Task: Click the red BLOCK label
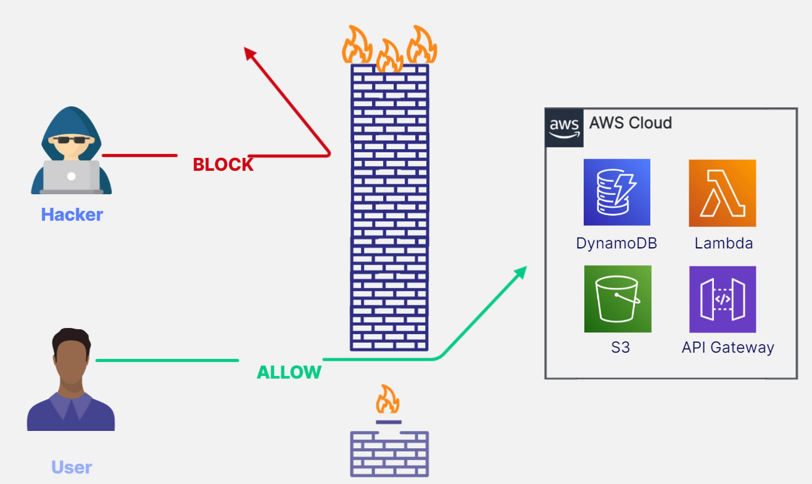click(x=223, y=165)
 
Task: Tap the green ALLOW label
click(x=289, y=372)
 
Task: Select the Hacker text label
click(x=72, y=215)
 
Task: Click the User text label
click(x=72, y=467)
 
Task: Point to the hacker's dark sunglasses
click(x=70, y=140)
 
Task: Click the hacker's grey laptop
click(x=72, y=176)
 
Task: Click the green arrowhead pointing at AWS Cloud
click(x=521, y=271)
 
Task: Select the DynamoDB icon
click(x=616, y=192)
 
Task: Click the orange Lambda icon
click(x=722, y=192)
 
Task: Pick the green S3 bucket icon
click(x=618, y=299)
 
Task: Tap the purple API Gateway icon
click(x=723, y=299)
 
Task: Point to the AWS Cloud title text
click(x=630, y=123)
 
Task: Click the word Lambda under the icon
click(x=723, y=243)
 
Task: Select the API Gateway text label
click(x=727, y=348)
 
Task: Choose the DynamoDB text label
click(x=616, y=243)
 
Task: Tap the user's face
click(x=71, y=359)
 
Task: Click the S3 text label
click(x=620, y=348)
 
